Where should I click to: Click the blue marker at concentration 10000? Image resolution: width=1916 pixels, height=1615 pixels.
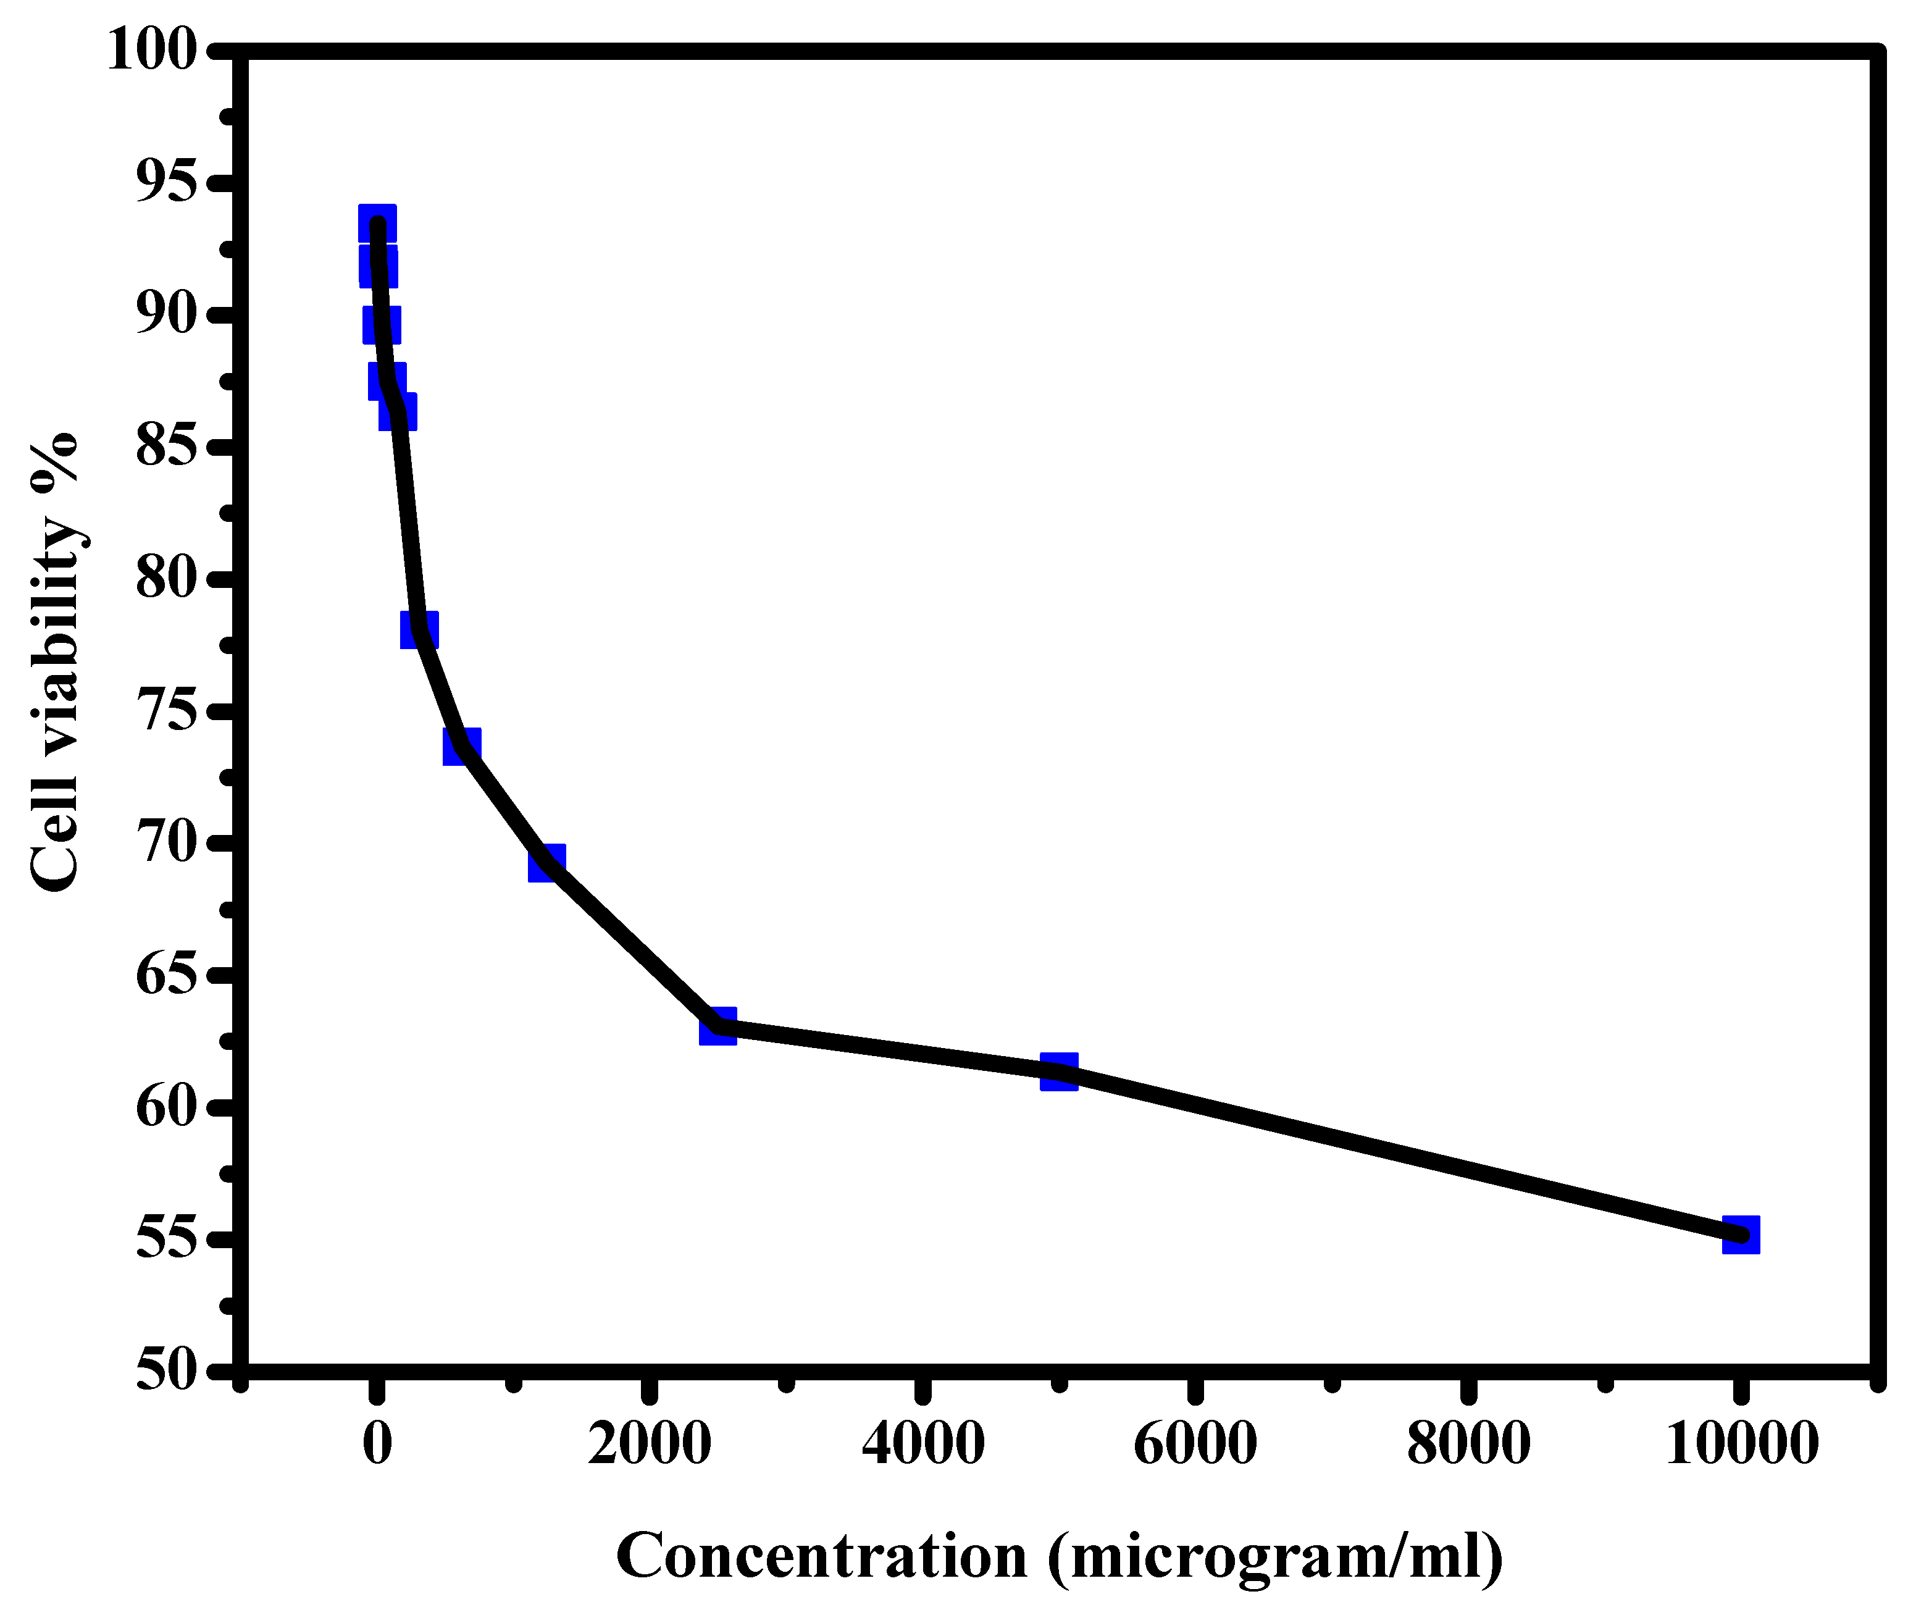tap(1740, 1234)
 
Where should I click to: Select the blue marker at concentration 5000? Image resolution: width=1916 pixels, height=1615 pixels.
tap(1059, 1071)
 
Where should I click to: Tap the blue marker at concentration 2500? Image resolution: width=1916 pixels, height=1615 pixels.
tap(717, 1027)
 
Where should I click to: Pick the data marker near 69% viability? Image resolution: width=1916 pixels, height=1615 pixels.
tap(546, 862)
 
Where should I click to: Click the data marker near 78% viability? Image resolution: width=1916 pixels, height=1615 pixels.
tap(419, 629)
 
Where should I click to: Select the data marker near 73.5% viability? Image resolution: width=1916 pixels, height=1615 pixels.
tap(461, 746)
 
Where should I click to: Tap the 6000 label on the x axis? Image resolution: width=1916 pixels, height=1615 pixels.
tap(1195, 1444)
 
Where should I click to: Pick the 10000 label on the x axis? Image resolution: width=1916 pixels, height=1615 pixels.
tap(1741, 1444)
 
